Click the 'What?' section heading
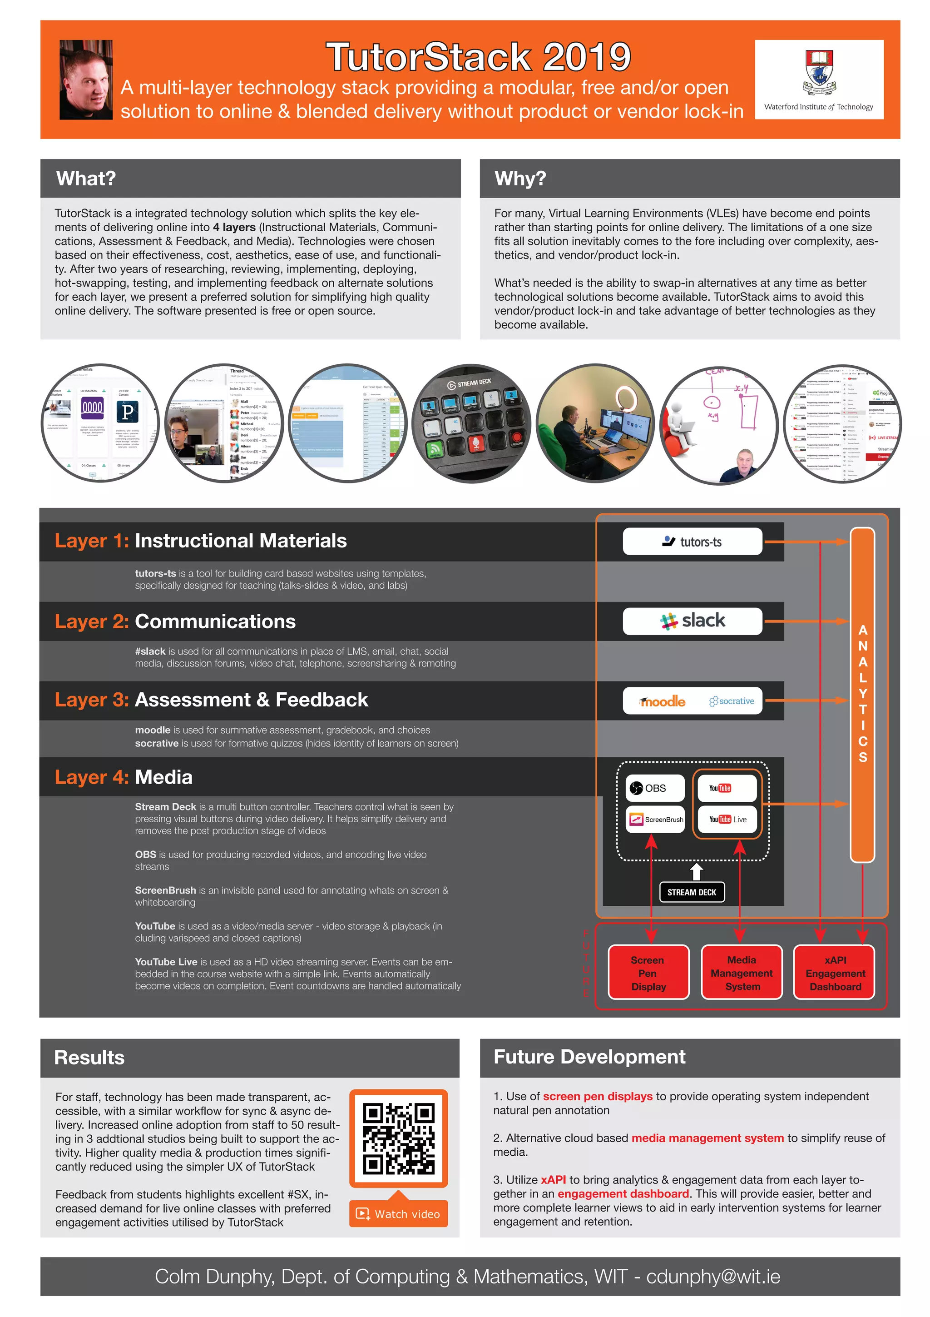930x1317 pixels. click(x=86, y=179)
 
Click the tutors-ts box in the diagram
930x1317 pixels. click(x=692, y=542)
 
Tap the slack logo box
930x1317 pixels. click(x=692, y=621)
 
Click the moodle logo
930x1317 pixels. click(x=663, y=701)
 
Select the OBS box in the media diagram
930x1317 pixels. click(x=655, y=788)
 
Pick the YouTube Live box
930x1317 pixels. click(x=727, y=820)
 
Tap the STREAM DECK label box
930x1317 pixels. click(x=692, y=892)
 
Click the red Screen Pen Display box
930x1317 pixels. click(x=648, y=973)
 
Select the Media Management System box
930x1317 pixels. click(x=742, y=973)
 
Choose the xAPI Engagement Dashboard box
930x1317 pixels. click(x=835, y=973)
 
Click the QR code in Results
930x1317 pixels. click(x=399, y=1138)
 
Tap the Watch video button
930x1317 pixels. click(x=399, y=1214)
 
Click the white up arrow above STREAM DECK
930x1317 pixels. click(x=696, y=871)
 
